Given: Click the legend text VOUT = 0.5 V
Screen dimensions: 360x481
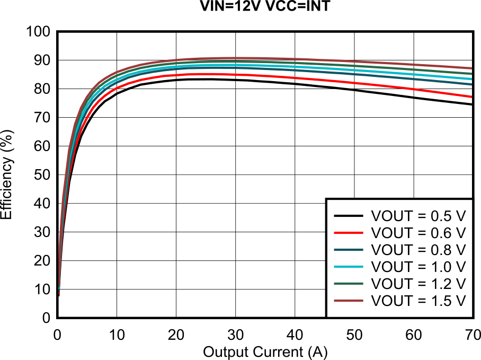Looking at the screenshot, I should pos(418,216).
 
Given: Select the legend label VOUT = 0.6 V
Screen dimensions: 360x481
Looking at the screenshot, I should pos(418,233).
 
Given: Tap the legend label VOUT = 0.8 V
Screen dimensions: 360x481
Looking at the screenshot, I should pos(418,250).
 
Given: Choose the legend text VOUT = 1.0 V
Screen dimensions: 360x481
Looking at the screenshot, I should pos(418,267).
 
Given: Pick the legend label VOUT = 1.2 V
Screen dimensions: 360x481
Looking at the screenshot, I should pos(418,284).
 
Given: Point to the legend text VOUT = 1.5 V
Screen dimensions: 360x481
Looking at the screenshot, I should pos(418,301).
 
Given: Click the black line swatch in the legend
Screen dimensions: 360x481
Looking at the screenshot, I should pos(348,216).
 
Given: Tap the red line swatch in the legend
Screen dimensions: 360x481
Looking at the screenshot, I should pos(348,233).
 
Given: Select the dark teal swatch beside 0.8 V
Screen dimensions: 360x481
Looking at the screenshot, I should pos(348,250).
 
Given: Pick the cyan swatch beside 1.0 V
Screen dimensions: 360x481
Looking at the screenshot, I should pos(348,267).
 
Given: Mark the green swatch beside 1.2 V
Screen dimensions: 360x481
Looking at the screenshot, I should pos(348,284).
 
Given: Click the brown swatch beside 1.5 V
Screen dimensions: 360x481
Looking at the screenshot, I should pos(348,301).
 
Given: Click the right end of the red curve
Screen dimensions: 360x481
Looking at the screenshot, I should pos(471,96).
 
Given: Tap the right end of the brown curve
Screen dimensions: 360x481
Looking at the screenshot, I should pos(471,68).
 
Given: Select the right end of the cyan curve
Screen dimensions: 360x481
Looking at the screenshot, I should pos(471,79).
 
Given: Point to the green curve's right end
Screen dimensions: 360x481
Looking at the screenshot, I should pos(471,73).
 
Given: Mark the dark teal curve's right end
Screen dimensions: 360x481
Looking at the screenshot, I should pos(471,84).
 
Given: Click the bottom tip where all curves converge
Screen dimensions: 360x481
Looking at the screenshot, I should pos(59,292).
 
